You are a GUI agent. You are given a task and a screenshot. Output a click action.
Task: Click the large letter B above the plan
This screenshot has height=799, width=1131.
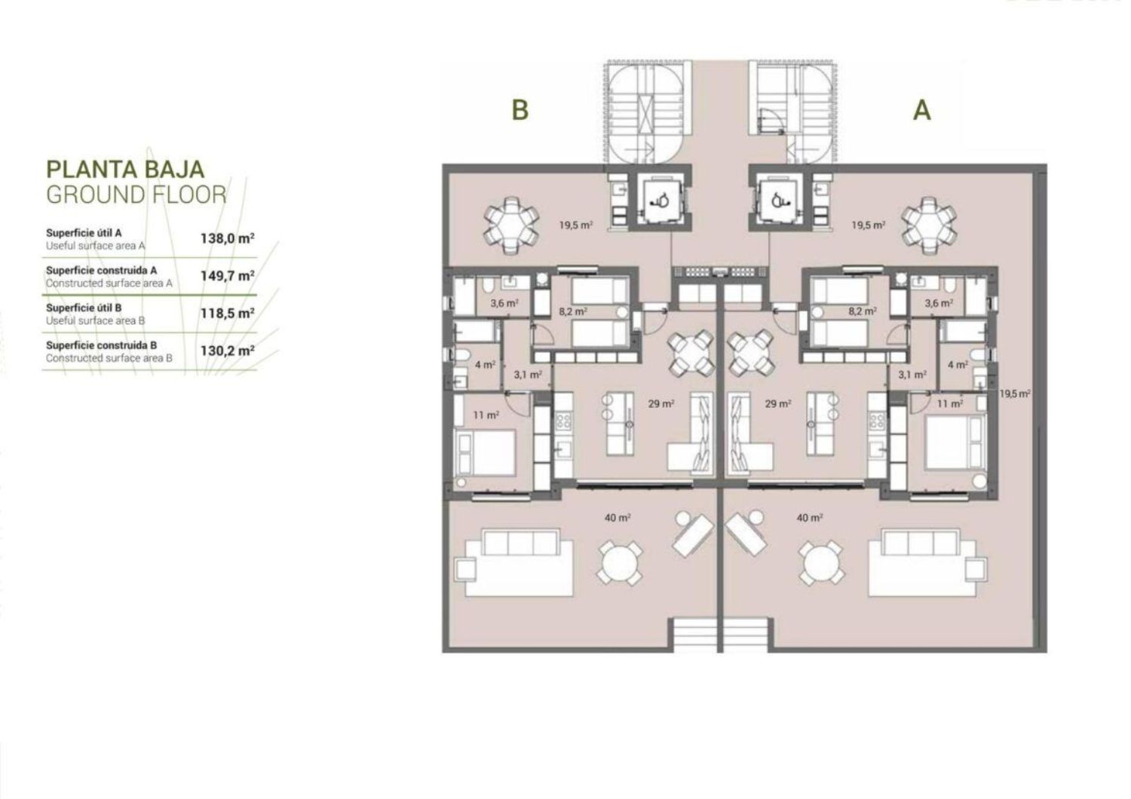point(520,109)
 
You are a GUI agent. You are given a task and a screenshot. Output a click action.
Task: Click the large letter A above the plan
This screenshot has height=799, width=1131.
point(922,109)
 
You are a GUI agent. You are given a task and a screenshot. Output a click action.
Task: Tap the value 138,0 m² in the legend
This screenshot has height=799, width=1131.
point(227,238)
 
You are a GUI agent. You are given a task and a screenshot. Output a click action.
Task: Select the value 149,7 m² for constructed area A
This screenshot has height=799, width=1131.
point(227,276)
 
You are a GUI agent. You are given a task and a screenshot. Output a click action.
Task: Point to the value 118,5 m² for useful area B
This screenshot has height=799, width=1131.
point(227,313)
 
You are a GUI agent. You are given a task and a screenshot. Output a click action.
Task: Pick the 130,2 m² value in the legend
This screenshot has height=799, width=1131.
point(227,351)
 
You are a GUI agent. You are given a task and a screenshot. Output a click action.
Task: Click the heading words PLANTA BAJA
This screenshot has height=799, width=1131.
point(125,169)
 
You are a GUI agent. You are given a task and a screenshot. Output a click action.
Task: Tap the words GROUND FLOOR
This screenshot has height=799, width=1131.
point(136,194)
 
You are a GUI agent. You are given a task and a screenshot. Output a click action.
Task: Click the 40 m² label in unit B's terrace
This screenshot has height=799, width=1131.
point(618,517)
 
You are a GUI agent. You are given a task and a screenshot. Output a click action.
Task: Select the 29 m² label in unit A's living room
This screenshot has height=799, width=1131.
point(777,404)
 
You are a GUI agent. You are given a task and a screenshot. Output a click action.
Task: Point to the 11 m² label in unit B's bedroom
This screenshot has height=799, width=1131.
point(486,415)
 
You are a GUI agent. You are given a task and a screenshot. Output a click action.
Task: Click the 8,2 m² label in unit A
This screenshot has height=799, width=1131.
point(863,311)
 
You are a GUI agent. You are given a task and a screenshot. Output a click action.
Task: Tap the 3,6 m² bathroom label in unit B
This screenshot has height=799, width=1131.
point(504,303)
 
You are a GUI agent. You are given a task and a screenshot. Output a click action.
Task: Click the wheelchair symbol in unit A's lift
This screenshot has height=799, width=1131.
point(780,201)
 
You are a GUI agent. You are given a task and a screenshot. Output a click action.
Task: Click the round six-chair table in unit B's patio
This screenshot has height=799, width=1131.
point(510,225)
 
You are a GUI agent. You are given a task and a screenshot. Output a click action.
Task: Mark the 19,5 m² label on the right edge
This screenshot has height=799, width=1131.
point(1015,393)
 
